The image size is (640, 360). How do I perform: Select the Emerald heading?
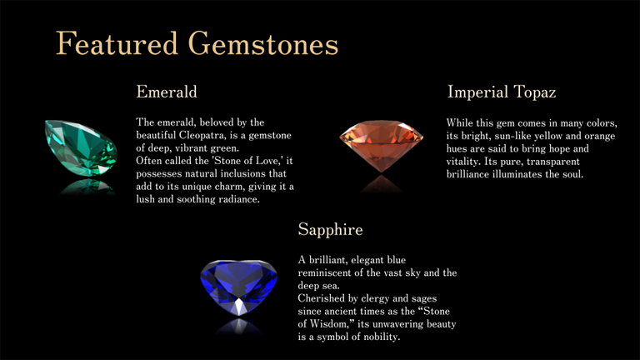[x=167, y=91]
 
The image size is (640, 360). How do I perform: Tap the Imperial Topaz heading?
[x=502, y=91]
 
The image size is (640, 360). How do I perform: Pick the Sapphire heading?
[x=331, y=227]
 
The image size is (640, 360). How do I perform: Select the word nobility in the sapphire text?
[x=378, y=337]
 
